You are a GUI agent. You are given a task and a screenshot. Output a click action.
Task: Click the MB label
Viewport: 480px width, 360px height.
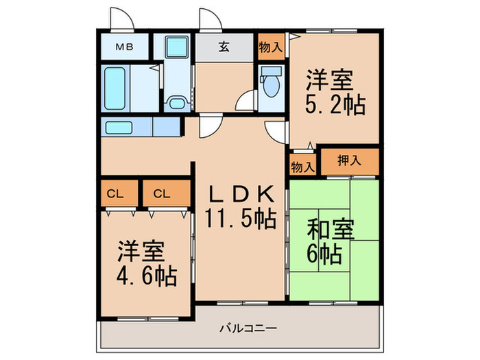pos(123,47)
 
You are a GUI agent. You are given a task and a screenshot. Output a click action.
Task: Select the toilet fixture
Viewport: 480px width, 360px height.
pos(271,84)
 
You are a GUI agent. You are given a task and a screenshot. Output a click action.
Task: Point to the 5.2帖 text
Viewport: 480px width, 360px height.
pos(335,106)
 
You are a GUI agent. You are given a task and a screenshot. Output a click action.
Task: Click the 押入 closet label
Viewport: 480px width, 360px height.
pos(350,160)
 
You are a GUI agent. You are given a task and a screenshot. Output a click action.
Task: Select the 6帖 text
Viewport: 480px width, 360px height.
pos(324,255)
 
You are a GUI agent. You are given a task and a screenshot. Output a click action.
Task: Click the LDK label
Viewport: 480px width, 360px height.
pos(241,194)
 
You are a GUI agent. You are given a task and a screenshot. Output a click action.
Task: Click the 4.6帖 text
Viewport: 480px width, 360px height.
pos(146,276)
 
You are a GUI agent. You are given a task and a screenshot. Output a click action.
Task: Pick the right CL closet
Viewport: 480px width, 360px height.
pos(163,193)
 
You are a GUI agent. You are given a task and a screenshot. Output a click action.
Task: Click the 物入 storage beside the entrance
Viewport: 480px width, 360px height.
pos(270,47)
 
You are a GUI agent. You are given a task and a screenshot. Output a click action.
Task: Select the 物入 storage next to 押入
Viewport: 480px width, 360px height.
pos(302,166)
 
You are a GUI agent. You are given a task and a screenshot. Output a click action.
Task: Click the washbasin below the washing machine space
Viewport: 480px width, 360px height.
pos(176,104)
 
